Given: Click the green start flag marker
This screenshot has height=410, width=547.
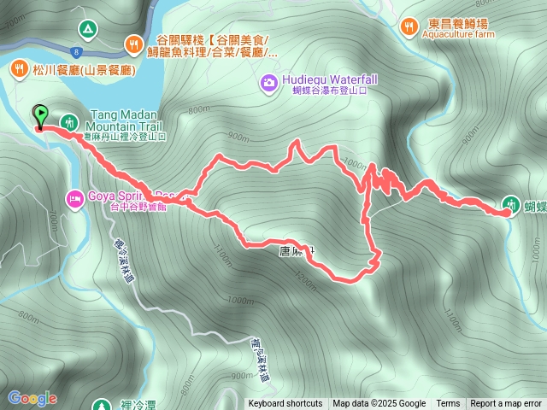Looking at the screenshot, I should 39,114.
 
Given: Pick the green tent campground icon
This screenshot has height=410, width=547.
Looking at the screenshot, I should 86,28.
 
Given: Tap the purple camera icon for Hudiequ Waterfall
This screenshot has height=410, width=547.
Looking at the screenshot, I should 268,81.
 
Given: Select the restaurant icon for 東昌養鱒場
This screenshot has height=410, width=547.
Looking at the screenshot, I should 410,26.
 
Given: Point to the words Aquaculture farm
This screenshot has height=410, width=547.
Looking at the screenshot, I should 458,36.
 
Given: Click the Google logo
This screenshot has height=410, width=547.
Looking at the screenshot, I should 32,398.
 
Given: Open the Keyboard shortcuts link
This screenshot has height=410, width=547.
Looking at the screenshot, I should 285,404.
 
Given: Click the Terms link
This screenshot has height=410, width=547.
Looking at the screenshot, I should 448,404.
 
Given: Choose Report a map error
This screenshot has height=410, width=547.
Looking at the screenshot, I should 506,404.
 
